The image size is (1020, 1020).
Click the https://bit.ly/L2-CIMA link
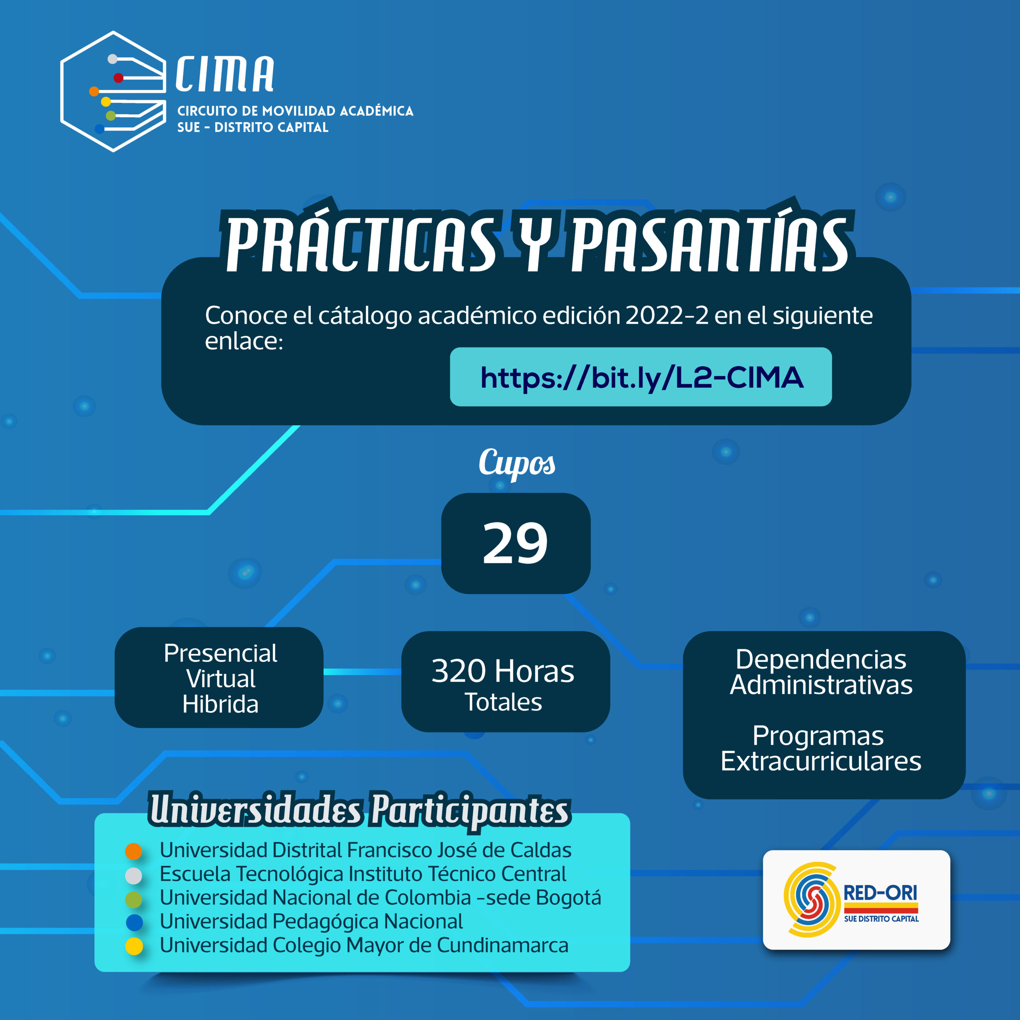coord(641,377)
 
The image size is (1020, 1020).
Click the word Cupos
coord(517,463)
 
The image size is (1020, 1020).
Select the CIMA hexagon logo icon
coord(114,91)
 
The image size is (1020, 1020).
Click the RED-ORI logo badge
coord(856,900)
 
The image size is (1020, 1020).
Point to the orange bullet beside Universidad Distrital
coord(133,851)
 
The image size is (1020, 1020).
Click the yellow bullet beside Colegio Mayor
coord(134,946)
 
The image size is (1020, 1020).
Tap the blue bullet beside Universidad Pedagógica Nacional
coord(134,922)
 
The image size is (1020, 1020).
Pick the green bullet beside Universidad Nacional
coord(133,898)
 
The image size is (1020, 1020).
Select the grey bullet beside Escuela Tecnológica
coord(133,875)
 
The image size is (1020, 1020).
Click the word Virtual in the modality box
coord(221,679)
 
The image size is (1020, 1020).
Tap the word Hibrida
coord(221,704)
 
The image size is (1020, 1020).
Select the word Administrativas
coord(821,685)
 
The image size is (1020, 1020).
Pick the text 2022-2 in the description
coord(667,315)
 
